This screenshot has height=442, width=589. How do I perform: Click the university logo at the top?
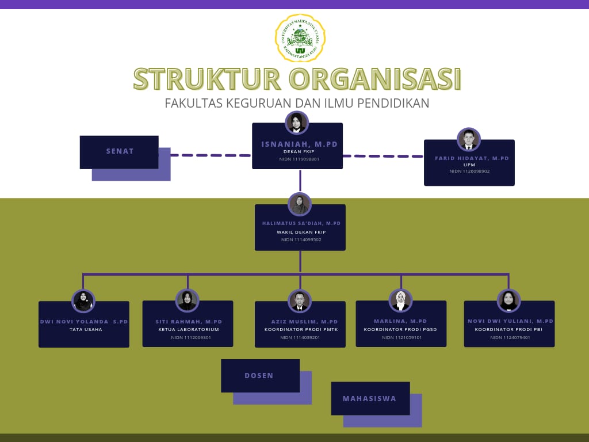click(300, 38)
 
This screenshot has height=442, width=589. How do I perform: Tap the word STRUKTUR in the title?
click(206, 79)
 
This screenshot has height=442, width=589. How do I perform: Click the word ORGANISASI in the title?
click(375, 79)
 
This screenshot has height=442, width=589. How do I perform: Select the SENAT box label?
click(120, 151)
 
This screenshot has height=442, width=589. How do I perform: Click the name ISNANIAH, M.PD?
click(300, 144)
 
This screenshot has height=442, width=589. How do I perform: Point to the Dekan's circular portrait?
click(297, 123)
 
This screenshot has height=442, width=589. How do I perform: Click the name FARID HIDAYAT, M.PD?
click(472, 158)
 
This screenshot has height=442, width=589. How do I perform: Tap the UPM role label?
click(469, 165)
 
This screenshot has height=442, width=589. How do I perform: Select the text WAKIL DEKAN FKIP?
click(301, 232)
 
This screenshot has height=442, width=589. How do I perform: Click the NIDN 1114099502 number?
click(301, 239)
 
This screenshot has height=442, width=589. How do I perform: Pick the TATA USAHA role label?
click(86, 329)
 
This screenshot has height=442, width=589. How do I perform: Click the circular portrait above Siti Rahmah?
click(188, 300)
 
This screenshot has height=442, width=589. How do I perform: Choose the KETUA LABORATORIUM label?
click(189, 330)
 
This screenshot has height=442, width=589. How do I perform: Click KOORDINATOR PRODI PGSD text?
click(401, 330)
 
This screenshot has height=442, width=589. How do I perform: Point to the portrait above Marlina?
click(400, 300)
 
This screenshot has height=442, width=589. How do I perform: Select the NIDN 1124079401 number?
click(510, 337)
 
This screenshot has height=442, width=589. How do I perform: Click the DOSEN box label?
click(259, 376)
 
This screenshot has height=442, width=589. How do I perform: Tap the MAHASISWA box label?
click(369, 398)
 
